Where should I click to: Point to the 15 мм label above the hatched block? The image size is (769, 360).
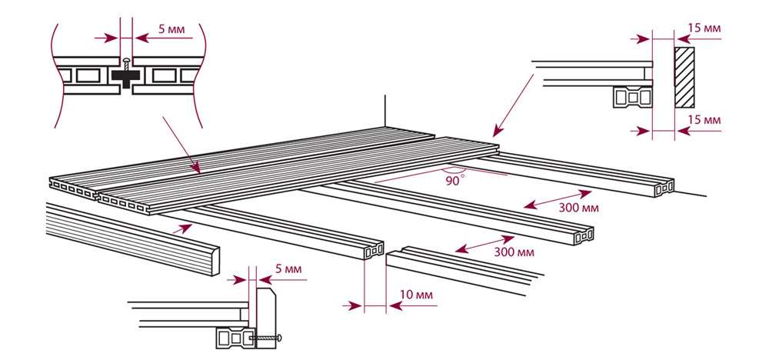coord(704,28)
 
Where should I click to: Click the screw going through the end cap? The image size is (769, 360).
coord(269,337)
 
